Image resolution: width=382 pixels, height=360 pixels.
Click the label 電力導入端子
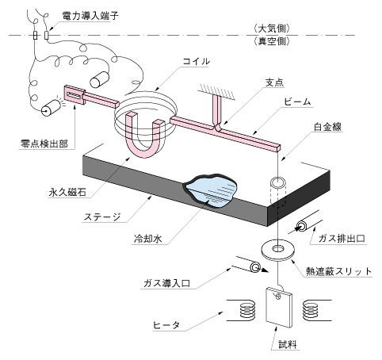coord(90,16)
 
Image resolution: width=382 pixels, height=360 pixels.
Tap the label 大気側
coord(272,29)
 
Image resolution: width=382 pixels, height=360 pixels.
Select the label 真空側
coord(272,41)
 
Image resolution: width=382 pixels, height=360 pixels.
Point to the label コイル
coord(196,61)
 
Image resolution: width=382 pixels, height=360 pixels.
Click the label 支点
coord(275,82)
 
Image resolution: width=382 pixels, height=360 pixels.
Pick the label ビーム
coord(298,101)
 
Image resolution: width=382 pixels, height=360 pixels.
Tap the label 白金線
coord(327,127)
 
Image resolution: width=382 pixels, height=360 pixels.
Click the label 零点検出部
coord(44,144)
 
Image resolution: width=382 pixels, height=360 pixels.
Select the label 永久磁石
coord(67,192)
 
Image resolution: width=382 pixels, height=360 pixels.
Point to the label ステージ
coord(102,217)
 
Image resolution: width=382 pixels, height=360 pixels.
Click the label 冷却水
coord(148,239)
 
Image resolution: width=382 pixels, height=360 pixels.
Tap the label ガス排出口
coord(342,239)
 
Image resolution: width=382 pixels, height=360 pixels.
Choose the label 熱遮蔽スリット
coord(338,271)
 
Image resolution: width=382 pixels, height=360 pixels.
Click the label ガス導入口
coord(166,283)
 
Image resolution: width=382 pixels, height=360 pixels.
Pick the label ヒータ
coord(166,325)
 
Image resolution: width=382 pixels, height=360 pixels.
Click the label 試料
coord(288,344)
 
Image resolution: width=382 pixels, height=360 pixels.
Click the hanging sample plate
coord(279,307)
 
